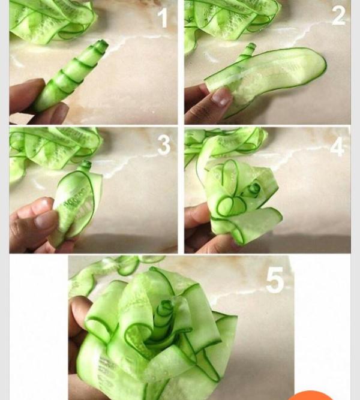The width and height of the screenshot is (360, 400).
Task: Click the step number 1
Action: [163, 17]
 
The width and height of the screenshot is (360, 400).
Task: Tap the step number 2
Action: [339, 16]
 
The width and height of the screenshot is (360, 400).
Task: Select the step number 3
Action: [164, 145]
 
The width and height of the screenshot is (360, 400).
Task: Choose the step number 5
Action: [275, 280]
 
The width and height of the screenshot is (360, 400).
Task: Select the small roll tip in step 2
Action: [250, 48]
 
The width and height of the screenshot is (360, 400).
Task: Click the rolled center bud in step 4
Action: [254, 190]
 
